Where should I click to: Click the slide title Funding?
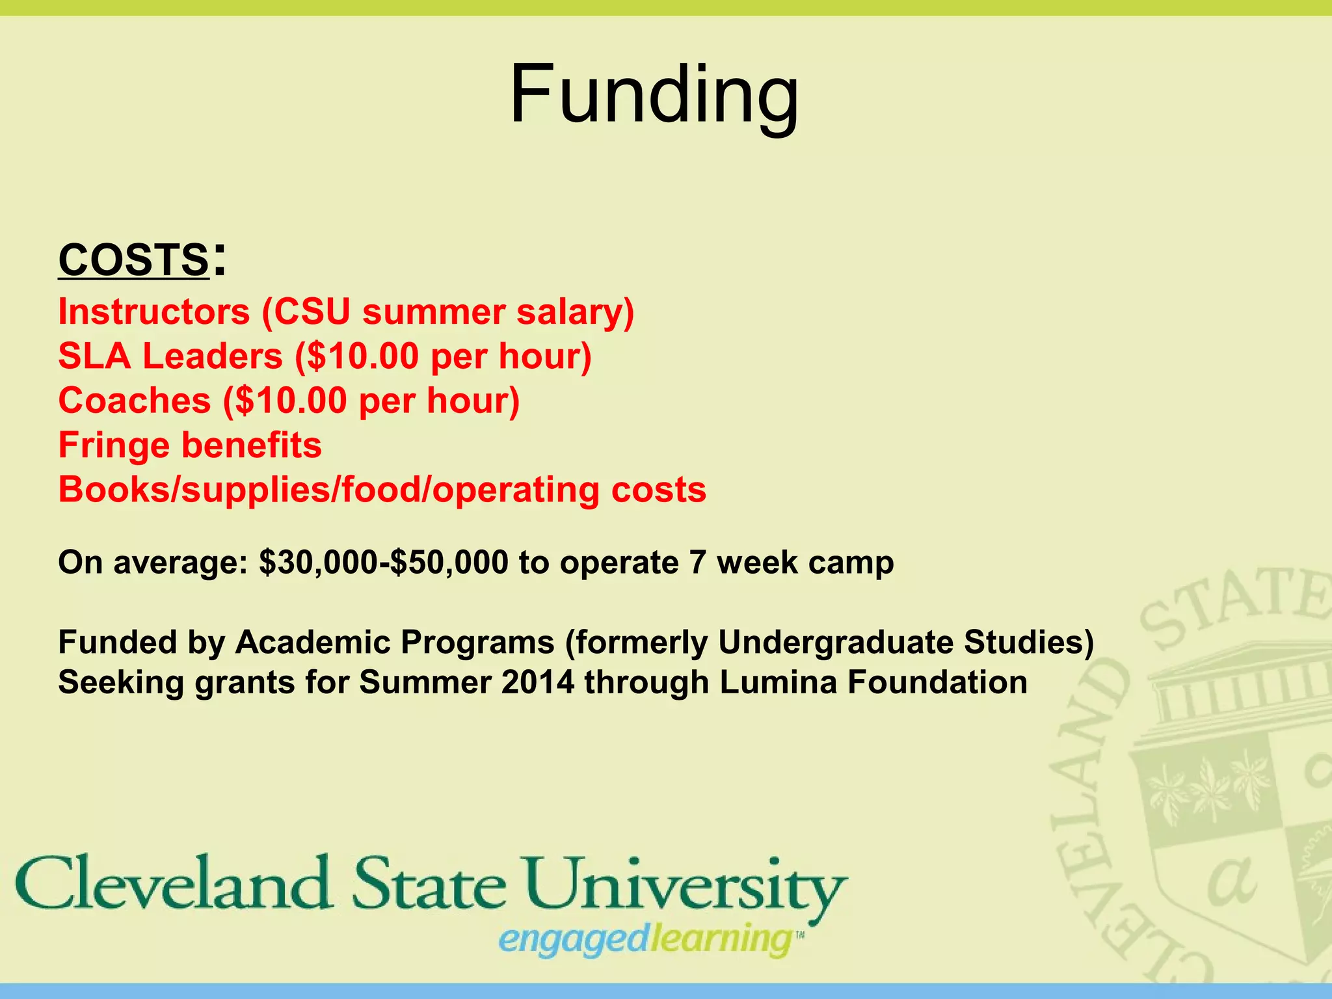click(654, 96)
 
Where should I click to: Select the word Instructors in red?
click(154, 312)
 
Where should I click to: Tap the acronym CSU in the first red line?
click(313, 312)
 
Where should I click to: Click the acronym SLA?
click(94, 356)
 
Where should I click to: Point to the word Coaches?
click(135, 401)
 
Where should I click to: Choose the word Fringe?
click(114, 446)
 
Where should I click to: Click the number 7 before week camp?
click(698, 563)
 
